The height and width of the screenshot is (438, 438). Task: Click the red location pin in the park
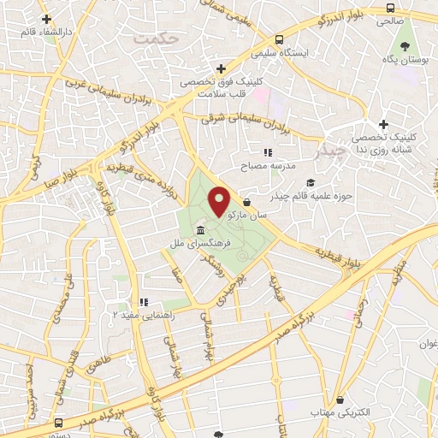tap(220, 201)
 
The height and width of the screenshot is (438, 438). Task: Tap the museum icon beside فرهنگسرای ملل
tap(199, 233)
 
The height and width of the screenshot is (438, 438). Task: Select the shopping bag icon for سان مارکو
tap(247, 202)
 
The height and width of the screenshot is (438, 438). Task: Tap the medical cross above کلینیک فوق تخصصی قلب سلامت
tap(221, 68)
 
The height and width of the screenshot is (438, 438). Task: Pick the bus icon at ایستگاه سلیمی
tap(280, 39)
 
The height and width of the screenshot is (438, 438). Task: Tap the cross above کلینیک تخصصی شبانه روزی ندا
tap(384, 124)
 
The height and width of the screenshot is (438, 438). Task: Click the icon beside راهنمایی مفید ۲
tap(144, 302)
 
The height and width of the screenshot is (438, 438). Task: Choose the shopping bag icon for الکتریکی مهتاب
tap(341, 399)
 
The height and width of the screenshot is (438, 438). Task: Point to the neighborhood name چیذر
tap(328, 152)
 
